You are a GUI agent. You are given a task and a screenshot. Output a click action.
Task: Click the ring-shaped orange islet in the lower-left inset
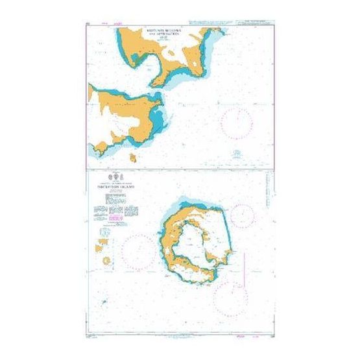106,260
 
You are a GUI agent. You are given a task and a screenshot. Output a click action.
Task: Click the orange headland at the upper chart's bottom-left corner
99,149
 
